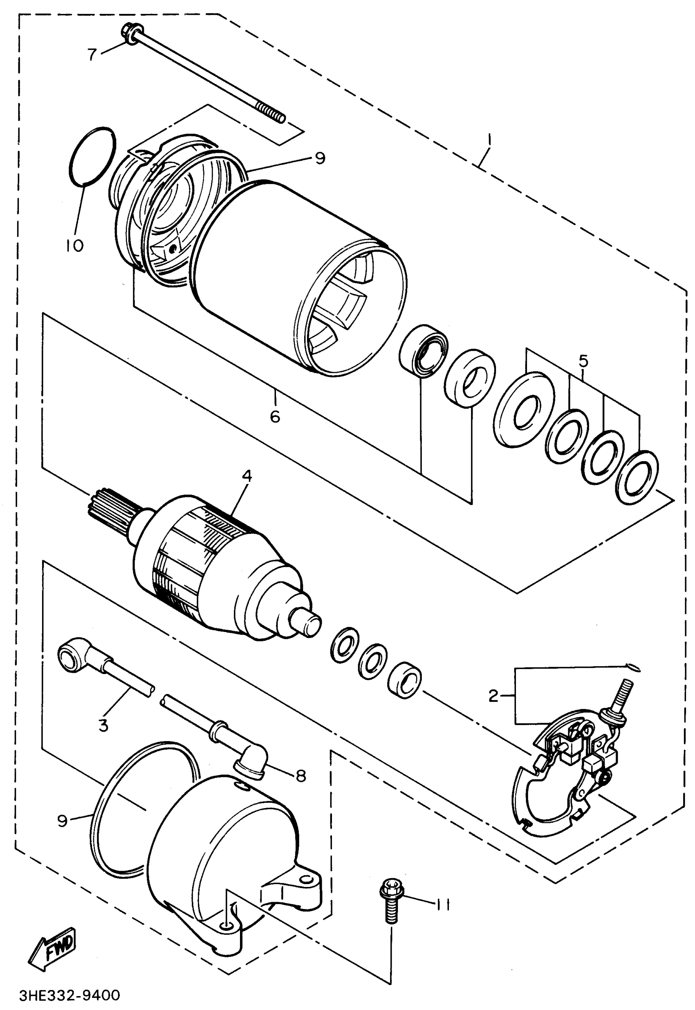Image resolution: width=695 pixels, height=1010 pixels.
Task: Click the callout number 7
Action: point(92,54)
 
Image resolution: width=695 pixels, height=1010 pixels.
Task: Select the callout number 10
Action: point(74,246)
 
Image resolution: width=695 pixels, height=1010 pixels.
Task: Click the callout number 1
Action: point(489,140)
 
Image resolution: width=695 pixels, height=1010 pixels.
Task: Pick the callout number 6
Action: point(275,417)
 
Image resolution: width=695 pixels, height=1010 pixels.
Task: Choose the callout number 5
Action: point(583,361)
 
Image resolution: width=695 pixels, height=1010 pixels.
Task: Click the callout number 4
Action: point(247,476)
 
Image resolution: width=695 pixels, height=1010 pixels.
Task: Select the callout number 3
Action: point(103,726)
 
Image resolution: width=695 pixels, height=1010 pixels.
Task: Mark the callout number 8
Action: point(300,775)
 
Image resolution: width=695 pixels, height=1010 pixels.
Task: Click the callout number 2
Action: point(493,696)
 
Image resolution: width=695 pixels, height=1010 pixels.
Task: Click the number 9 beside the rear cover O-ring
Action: point(63,821)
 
